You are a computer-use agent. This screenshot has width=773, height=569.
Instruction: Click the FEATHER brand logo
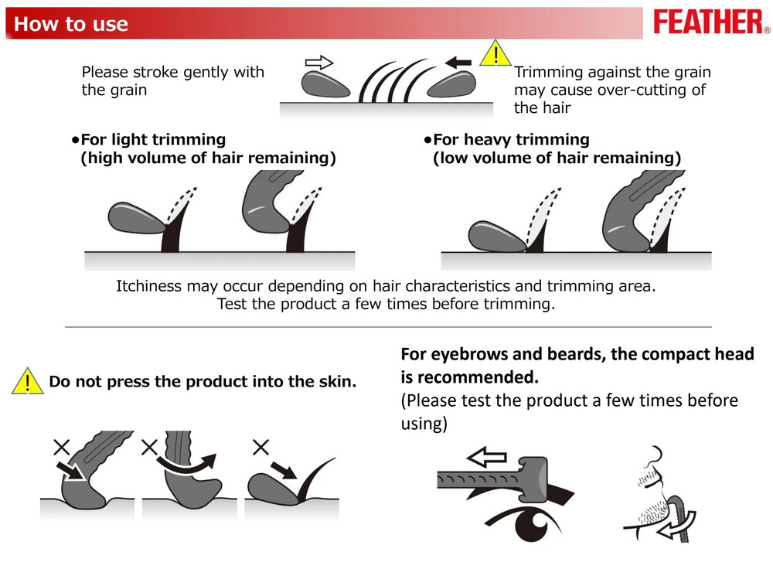click(x=711, y=22)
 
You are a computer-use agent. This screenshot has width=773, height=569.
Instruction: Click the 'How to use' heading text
click(x=71, y=24)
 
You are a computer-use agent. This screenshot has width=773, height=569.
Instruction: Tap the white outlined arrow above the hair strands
click(x=319, y=63)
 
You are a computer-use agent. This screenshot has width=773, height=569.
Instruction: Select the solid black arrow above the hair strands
click(x=458, y=63)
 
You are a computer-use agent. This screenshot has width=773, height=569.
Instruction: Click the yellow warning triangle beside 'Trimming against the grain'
click(x=495, y=54)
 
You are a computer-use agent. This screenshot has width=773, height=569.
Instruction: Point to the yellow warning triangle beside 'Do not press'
click(x=28, y=382)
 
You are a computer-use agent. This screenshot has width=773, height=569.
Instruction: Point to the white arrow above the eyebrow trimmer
click(x=486, y=457)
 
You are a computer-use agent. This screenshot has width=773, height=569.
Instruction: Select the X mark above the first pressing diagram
click(x=62, y=447)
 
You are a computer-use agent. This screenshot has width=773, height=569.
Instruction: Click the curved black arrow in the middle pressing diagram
click(x=187, y=464)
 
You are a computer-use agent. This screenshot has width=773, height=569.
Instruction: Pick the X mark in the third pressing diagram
click(x=261, y=447)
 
